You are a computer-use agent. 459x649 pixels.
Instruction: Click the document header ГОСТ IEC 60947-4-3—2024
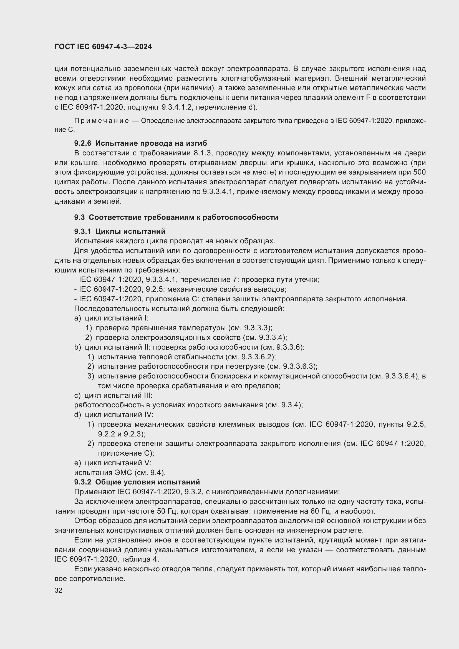103,47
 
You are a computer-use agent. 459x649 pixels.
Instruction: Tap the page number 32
59,590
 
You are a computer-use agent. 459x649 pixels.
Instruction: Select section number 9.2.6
82,143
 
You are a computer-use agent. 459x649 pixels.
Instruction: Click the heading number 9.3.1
82,231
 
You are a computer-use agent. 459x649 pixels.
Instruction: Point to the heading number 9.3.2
82,482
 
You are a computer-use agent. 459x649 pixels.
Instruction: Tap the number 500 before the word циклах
419,172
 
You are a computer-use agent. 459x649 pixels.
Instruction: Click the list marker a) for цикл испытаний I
77,318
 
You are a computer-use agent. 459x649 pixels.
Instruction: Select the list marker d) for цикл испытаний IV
77,415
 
